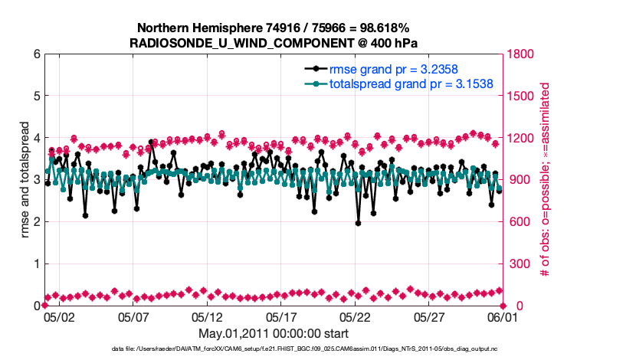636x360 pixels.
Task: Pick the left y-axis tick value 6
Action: click(x=36, y=54)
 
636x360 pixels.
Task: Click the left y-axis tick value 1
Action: click(x=36, y=263)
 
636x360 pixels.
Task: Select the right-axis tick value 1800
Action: click(x=520, y=54)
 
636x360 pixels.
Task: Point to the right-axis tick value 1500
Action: click(x=520, y=97)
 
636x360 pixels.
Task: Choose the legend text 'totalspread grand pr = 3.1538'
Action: click(x=411, y=83)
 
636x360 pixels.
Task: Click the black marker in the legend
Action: click(x=315, y=69)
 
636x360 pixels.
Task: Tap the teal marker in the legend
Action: click(x=315, y=83)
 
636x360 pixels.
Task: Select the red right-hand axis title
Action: click(x=546, y=181)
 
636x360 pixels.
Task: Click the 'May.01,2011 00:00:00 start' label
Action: click(x=274, y=334)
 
